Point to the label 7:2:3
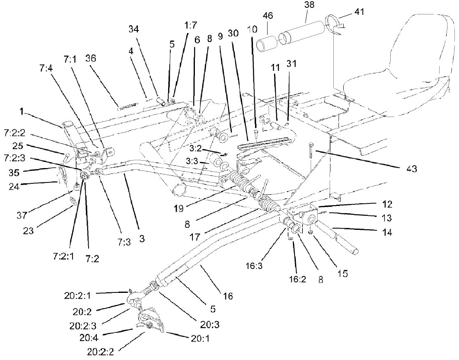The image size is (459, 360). pyautogui.click(x=16, y=158)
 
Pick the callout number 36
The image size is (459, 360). pyautogui.click(x=90, y=58)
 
